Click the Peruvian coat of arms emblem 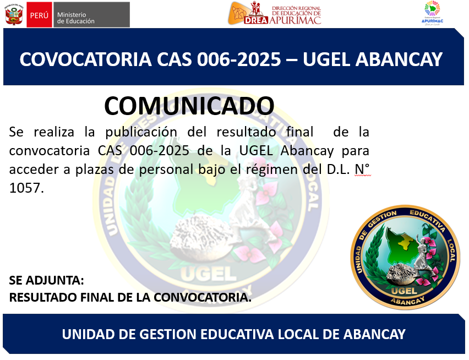point(14,14)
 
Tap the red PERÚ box point(39,15)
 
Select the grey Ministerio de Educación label point(91,15)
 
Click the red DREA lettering point(256,20)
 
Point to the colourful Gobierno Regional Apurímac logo point(432,13)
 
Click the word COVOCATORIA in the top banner point(85,59)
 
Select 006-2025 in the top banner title point(239,59)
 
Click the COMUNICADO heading point(189,106)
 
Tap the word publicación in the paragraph point(141,133)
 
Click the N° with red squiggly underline point(362,170)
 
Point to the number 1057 point(26,188)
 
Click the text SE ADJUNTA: point(47,281)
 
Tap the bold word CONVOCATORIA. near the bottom point(203,297)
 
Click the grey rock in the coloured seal point(401,274)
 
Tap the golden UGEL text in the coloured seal point(405,291)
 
